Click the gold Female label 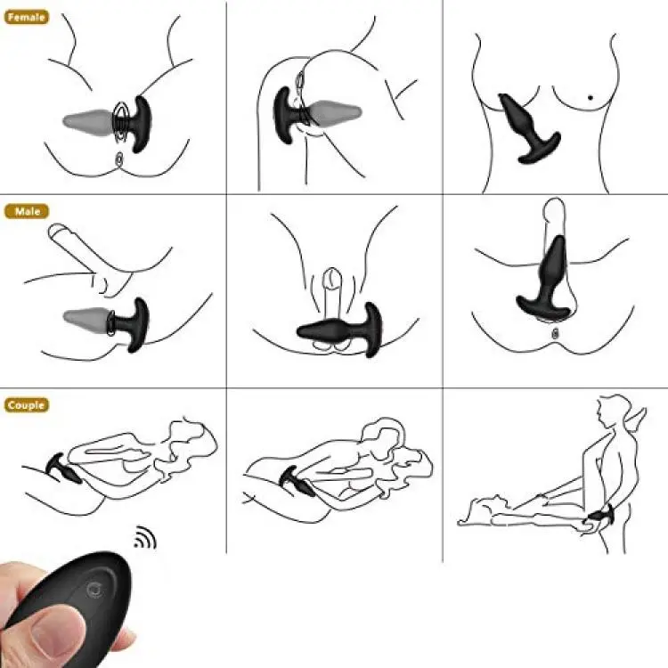pos(27,17)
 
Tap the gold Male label pos(27,211)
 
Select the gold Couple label pos(27,404)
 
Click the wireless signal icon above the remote pos(145,537)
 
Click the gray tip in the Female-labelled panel pos(88,122)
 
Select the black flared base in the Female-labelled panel pos(136,124)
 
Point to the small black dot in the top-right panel pos(590,98)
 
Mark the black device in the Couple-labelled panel pos(64,469)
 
